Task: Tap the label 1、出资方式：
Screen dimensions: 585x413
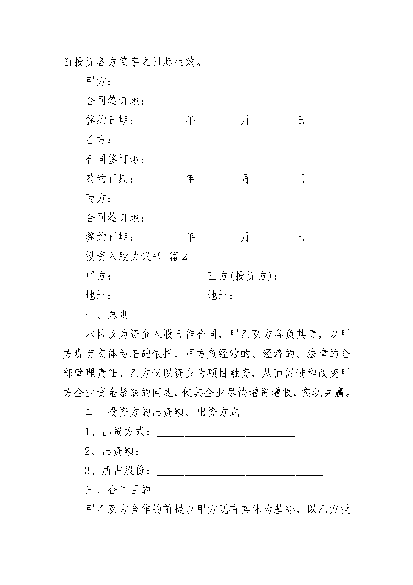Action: [x=118, y=432]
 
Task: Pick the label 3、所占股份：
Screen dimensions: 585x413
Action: [x=118, y=471]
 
